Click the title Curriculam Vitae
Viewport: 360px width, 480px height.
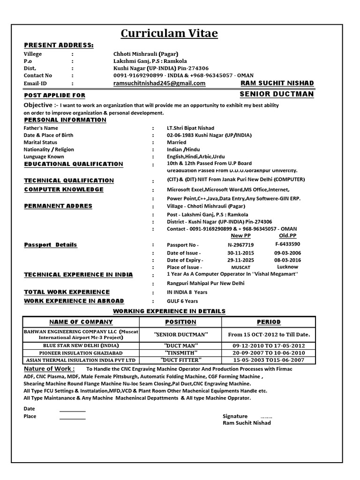point(169,33)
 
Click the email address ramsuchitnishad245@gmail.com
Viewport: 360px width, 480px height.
point(159,83)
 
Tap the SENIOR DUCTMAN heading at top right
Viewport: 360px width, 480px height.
point(277,94)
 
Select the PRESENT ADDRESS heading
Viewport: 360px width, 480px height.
point(59,45)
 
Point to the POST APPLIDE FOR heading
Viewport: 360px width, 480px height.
point(54,95)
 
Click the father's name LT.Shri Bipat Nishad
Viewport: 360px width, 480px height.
point(190,128)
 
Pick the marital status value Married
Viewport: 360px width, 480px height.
point(176,142)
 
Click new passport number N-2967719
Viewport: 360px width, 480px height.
point(240,245)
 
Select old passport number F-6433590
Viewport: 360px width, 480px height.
point(288,244)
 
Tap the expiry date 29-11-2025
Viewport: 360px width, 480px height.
point(240,260)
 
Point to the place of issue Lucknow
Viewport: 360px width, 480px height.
point(288,267)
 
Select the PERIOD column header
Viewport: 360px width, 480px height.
point(269,322)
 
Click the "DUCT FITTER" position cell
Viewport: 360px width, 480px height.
point(181,360)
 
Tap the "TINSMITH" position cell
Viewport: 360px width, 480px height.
point(181,352)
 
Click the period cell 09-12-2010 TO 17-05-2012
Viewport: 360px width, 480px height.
point(269,345)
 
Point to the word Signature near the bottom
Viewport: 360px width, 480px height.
point(235,416)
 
